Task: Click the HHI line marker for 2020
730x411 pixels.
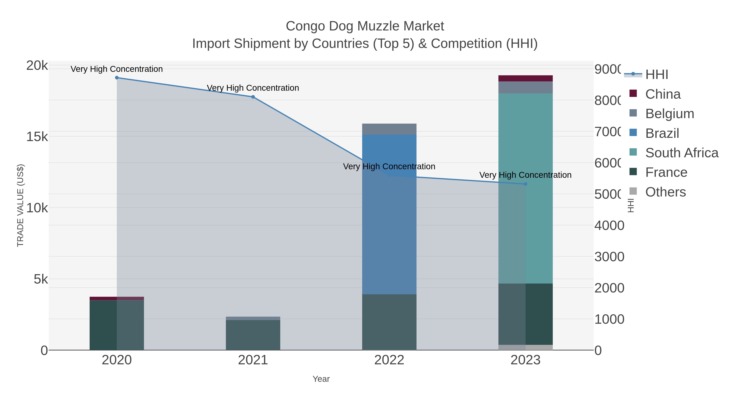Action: [x=117, y=78]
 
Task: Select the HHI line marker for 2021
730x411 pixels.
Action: [x=253, y=97]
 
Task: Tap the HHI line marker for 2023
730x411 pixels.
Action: [x=526, y=184]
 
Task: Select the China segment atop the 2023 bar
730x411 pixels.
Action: [x=526, y=79]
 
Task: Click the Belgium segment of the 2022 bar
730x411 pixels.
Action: [x=389, y=129]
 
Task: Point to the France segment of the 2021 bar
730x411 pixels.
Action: [x=253, y=335]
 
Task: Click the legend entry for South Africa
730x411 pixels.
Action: [x=682, y=153]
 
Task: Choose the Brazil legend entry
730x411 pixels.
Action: [x=662, y=133]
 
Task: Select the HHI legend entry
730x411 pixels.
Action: [x=657, y=75]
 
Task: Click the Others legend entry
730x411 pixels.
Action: [x=665, y=192]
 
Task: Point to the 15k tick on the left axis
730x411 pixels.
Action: [x=37, y=137]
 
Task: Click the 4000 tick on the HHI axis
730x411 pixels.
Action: [x=609, y=225]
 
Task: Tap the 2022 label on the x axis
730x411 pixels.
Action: [x=389, y=360]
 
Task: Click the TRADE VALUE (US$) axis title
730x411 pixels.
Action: [x=20, y=205]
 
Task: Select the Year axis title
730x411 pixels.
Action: [x=321, y=379]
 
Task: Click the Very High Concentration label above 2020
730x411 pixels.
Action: [x=117, y=69]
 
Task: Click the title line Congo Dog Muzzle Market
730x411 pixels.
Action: [x=365, y=26]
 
